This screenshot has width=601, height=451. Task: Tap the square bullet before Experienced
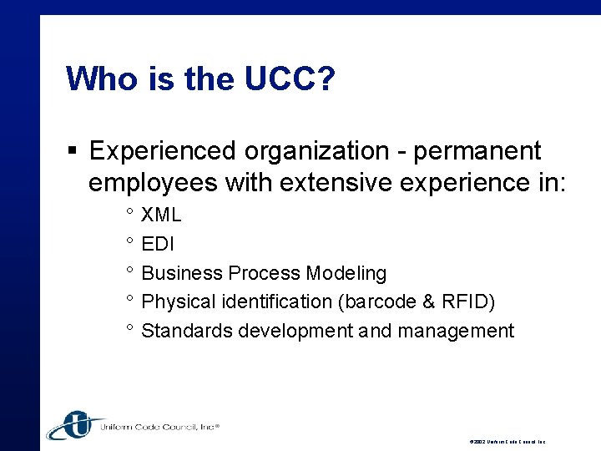73,151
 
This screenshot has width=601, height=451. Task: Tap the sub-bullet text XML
161,215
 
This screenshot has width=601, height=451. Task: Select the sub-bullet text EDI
159,244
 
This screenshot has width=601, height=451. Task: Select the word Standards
187,331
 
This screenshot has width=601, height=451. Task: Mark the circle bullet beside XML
130,214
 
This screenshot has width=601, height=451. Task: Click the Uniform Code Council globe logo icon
73,424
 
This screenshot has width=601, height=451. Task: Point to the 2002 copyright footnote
507,441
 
